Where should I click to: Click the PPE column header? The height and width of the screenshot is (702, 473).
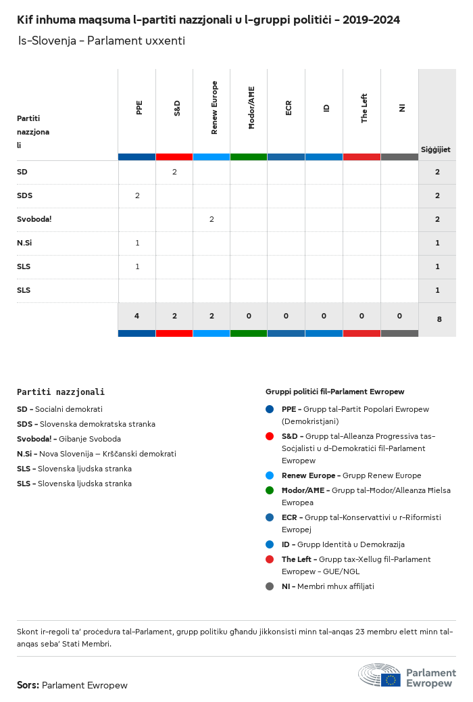coord(139,108)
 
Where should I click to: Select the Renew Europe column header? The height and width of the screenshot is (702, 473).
coord(214,108)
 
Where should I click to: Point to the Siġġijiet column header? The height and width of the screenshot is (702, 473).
coord(436,149)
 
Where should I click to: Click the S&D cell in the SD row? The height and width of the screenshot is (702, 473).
coord(174,172)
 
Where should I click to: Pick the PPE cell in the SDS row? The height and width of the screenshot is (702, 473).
coord(137,195)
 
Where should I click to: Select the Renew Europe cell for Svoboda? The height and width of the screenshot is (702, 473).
coord(211,219)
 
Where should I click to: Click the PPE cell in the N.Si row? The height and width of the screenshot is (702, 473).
coord(137,243)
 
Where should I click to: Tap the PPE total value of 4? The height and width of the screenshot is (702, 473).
coord(136,315)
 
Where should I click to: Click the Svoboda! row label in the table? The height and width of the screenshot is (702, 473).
coord(34,219)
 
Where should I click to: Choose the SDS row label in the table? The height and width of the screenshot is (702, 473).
coord(25,195)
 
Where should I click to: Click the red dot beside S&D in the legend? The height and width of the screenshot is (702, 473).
coord(270,436)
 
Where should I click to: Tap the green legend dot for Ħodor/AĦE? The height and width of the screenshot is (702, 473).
coord(270,490)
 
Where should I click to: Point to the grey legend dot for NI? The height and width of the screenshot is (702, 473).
coord(270,586)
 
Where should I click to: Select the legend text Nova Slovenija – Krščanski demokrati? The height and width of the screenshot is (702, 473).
coord(107,454)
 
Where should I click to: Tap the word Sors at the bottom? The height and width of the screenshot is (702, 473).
coord(28,685)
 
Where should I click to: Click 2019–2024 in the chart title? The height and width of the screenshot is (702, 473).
coord(371,20)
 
